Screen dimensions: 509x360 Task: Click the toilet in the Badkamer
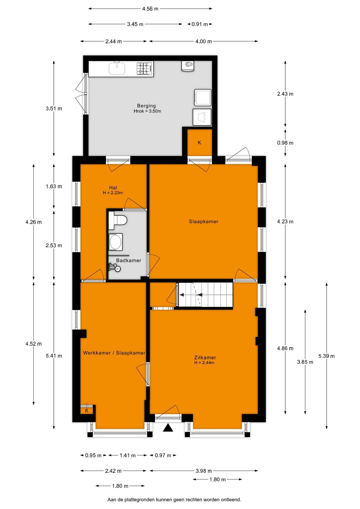click(x=118, y=220)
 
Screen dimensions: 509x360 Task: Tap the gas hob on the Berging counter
click(x=145, y=68)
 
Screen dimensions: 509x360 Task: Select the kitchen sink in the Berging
click(x=117, y=68)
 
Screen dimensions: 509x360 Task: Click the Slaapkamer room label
click(x=203, y=221)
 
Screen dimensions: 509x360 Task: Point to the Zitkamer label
click(x=205, y=358)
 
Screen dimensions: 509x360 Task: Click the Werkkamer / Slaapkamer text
click(x=114, y=353)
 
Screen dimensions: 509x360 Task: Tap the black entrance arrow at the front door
click(x=168, y=428)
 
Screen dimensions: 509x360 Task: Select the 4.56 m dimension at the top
click(x=150, y=9)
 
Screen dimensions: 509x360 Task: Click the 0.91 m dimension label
click(x=200, y=24)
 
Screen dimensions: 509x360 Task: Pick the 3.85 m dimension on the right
click(x=305, y=362)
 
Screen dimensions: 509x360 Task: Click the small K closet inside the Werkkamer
click(x=87, y=410)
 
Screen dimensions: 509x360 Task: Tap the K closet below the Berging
click(x=199, y=143)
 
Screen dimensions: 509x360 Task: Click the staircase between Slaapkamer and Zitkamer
click(x=205, y=295)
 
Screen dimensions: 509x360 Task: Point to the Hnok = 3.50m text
click(x=147, y=111)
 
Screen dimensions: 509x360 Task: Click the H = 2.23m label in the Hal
click(x=113, y=193)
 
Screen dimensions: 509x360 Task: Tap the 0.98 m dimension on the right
click(x=285, y=143)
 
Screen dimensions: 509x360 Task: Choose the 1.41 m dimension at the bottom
click(x=128, y=455)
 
